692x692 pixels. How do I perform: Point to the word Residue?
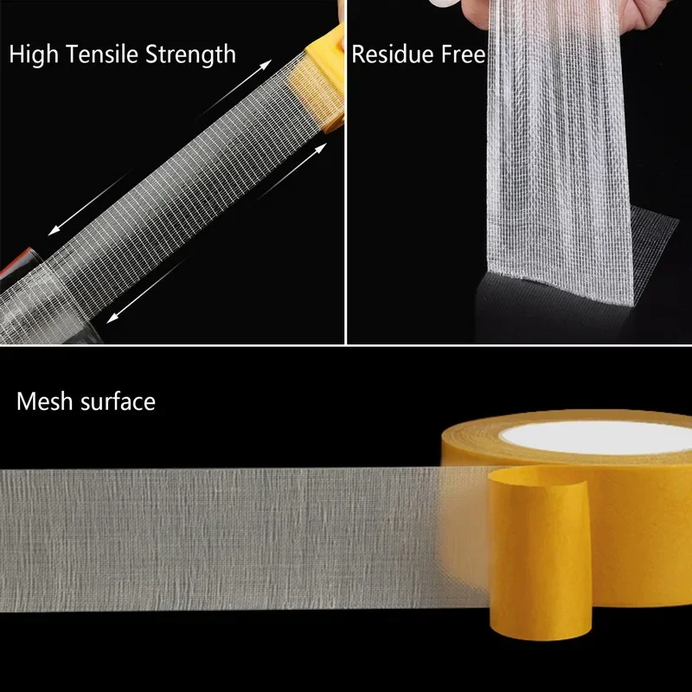tap(388, 55)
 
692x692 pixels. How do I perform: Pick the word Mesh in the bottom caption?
tap(43, 401)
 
